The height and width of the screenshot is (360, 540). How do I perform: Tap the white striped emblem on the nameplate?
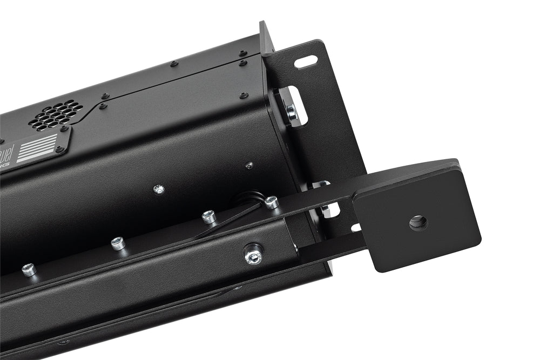pyautogui.click(x=37, y=147)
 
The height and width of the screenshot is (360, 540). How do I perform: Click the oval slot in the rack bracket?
pyautogui.click(x=306, y=62)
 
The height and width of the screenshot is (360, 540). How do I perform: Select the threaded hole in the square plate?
pyautogui.click(x=418, y=222)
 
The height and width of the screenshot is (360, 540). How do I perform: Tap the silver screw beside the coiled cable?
pyautogui.click(x=271, y=202)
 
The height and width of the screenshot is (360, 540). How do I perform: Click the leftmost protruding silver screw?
pyautogui.click(x=29, y=269)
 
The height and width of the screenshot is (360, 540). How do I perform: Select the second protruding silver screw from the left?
pyautogui.click(x=118, y=243)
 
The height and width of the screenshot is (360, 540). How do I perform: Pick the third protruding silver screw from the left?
pyautogui.click(x=209, y=216)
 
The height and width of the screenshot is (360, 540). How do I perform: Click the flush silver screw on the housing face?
pyautogui.click(x=158, y=189)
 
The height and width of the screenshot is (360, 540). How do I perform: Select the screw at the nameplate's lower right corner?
pyautogui.click(x=59, y=149)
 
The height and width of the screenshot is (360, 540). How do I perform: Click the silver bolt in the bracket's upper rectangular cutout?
pyautogui.click(x=292, y=111)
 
